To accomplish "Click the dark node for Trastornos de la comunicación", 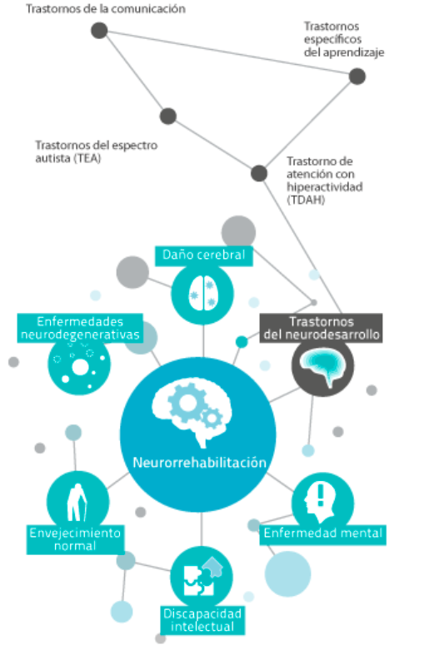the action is pos(99,31).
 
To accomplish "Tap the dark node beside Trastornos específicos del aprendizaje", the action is pos(357,77).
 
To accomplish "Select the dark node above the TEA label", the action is pos(168,117).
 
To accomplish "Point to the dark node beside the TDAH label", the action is pos(259,173).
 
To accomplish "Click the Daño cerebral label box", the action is pos(203,256).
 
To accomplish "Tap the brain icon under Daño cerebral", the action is pos(202,293).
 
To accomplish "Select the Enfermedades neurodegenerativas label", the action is pos(80,328).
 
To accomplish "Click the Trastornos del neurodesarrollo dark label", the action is pos(322,328).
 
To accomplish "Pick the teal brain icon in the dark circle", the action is pos(322,366).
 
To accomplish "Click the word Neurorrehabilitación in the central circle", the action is pos(199,463).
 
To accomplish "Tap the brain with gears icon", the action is pos(191,411).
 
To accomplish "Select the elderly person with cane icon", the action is pos(77,503).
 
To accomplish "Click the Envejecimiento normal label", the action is pos(75,539).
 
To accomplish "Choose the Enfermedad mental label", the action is pos(323,534).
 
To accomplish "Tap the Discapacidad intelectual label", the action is pos(202,620).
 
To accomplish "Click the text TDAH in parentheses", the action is pos(306,200).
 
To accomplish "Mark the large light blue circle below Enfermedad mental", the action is pos(287,573).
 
